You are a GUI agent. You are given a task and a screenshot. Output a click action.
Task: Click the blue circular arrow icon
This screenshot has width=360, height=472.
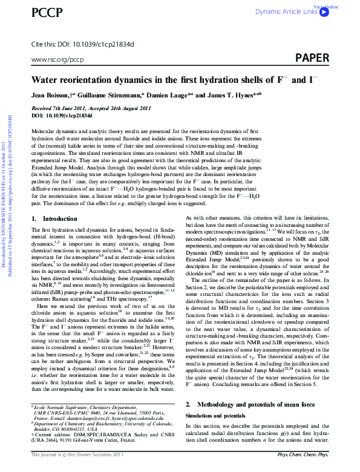click(x=324, y=11)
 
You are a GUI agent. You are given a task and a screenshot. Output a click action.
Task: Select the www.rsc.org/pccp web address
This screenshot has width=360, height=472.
click(x=57, y=60)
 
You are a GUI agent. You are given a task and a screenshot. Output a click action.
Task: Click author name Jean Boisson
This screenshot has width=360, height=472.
click(x=51, y=96)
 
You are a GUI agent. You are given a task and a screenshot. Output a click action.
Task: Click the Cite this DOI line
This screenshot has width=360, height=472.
click(x=82, y=44)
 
